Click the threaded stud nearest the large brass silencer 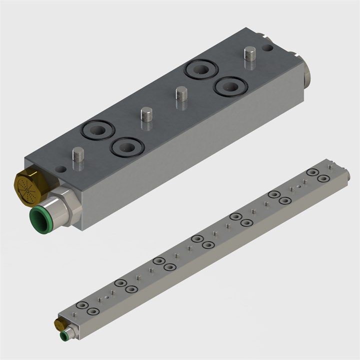[x=78, y=157]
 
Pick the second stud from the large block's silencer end [x=146, y=118]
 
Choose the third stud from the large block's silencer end [x=181, y=96]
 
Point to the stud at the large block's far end [x=249, y=54]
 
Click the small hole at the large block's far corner [x=268, y=48]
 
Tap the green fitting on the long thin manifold [x=64, y=335]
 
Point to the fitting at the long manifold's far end [x=346, y=175]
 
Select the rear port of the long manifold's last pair [x=313, y=172]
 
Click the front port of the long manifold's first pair [x=92, y=311]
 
